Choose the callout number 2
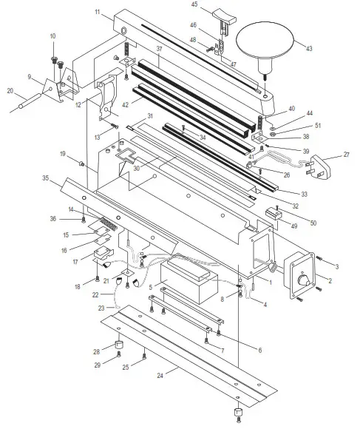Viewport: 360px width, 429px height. point(330,280)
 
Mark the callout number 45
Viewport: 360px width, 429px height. point(194,4)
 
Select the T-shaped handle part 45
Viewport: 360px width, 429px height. point(221,16)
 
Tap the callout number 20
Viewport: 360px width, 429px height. point(10,91)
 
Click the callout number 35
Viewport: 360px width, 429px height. point(47,178)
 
